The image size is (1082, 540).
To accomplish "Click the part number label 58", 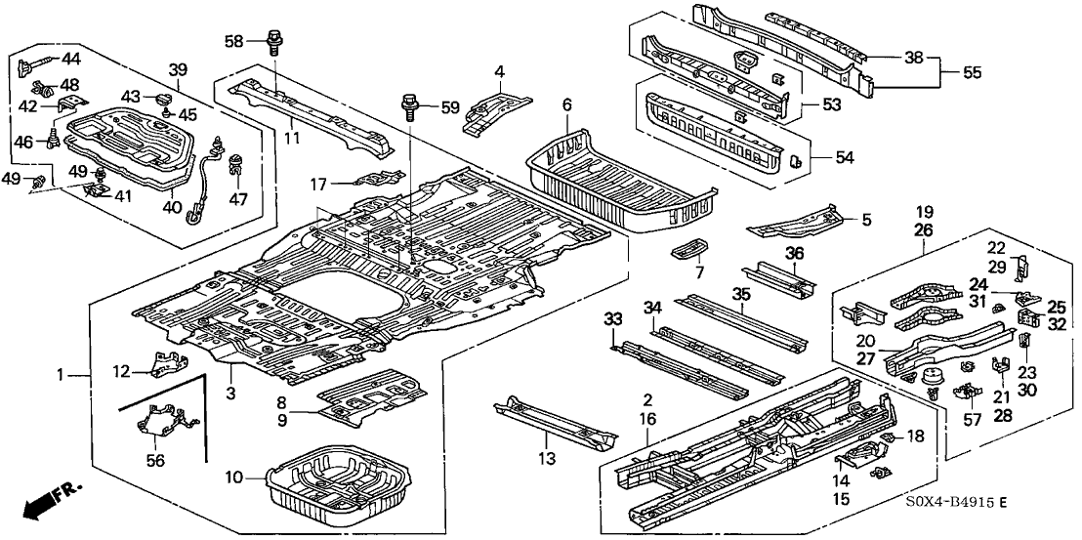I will (233, 41).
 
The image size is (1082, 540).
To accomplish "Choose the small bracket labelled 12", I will (157, 363).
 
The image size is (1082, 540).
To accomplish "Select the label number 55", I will (972, 71).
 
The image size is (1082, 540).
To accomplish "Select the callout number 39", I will (178, 69).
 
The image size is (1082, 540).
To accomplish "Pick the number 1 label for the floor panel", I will (60, 375).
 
